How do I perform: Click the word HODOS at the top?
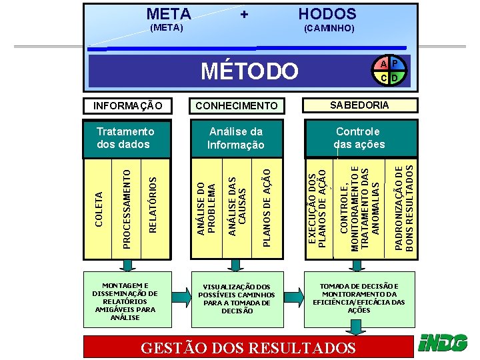click(x=327, y=13)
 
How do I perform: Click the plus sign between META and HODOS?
click(x=244, y=14)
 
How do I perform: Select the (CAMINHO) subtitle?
click(x=329, y=29)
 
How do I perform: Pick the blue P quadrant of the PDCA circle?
click(x=395, y=64)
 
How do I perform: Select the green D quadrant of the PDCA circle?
click(x=395, y=78)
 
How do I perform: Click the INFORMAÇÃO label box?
click(x=127, y=105)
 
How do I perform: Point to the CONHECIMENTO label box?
click(x=237, y=105)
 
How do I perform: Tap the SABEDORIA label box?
click(x=361, y=105)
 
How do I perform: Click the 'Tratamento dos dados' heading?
click(x=125, y=138)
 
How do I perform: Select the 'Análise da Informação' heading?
click(x=236, y=138)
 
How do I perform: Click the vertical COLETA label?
click(x=99, y=208)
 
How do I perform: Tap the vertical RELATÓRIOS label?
click(x=153, y=205)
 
